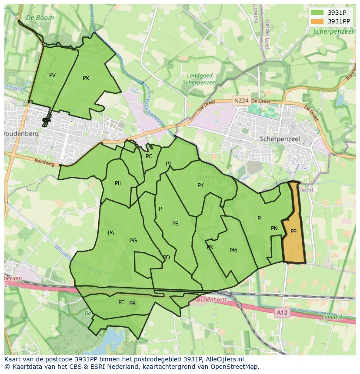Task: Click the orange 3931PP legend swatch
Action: tap(317, 21)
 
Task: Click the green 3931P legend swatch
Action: tap(317, 13)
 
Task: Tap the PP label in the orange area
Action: tap(293, 232)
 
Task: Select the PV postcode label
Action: tap(52, 75)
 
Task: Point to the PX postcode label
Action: tap(86, 78)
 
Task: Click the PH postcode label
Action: tap(118, 183)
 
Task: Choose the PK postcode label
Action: tap(200, 185)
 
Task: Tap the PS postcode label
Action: tap(175, 224)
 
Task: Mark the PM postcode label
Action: tap(233, 251)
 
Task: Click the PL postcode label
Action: tap(260, 218)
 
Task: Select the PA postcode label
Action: tap(111, 233)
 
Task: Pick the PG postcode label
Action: tap(133, 241)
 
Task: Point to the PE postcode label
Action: tap(121, 302)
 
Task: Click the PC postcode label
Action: tap(149, 156)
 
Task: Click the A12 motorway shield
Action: tap(282, 312)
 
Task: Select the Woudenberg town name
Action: tap(21, 134)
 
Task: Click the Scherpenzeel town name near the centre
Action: tap(280, 139)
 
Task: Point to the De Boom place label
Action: tap(40, 18)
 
